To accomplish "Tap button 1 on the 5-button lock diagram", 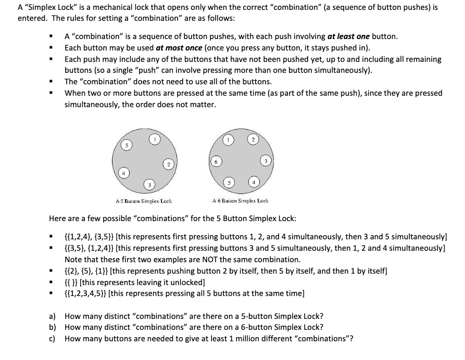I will [x=155, y=139].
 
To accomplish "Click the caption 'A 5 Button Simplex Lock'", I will [x=143, y=201].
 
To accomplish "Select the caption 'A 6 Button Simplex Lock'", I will [x=241, y=201].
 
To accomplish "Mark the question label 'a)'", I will [x=53, y=316].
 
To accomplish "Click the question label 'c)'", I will [x=53, y=339].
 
